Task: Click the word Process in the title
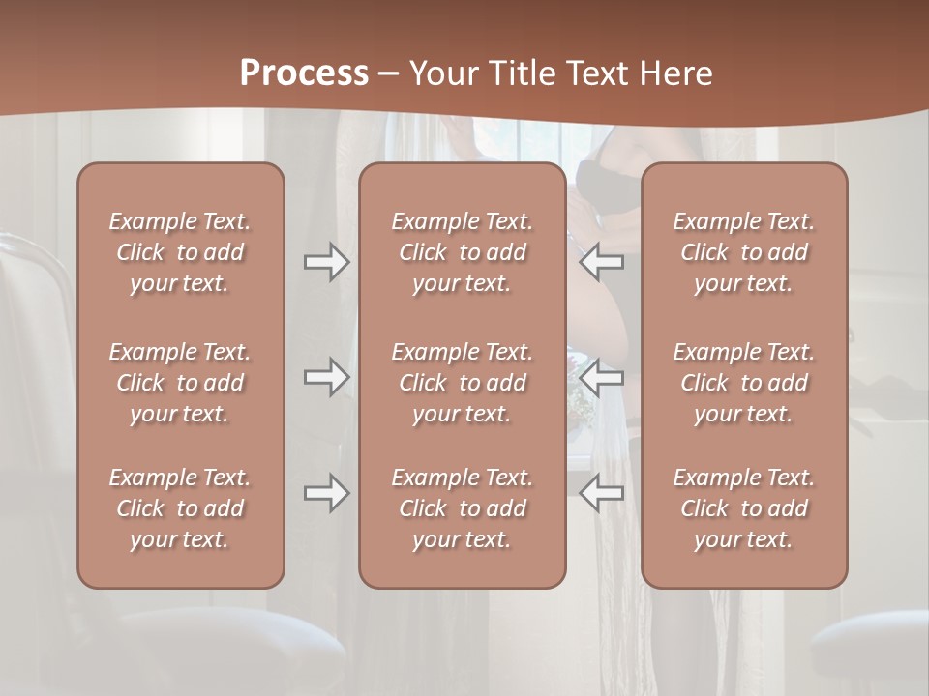click(x=304, y=73)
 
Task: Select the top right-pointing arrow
click(x=326, y=262)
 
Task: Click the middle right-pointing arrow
click(x=326, y=377)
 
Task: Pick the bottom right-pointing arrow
click(x=326, y=493)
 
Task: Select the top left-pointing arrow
click(x=602, y=262)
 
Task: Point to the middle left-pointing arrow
click(x=602, y=377)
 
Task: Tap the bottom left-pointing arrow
click(x=602, y=493)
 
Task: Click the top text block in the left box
click(x=180, y=252)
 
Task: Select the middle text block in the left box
click(x=180, y=383)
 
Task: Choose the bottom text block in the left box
click(x=180, y=508)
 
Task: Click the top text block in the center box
click(x=462, y=252)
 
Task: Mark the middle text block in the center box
click(x=462, y=383)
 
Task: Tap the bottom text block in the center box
click(x=462, y=508)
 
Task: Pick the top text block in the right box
click(x=743, y=252)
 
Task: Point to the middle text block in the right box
click(x=743, y=383)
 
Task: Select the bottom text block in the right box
click(x=743, y=508)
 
